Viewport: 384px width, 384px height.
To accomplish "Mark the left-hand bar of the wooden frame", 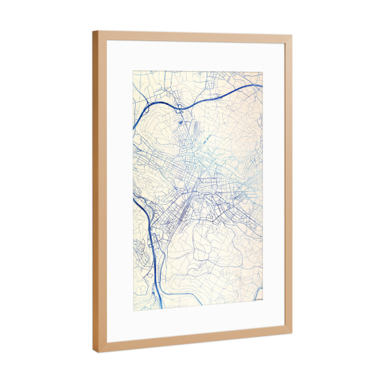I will tap(99, 192).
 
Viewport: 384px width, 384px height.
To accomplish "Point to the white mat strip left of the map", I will tap(119, 192).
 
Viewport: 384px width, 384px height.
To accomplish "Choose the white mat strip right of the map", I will tap(273, 186).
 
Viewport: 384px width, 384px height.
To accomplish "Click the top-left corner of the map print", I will tap(133, 70).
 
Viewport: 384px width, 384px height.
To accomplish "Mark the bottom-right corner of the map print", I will tap(263, 301).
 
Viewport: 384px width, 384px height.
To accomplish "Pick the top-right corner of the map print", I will tap(263, 72).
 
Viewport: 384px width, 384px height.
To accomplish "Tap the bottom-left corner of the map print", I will tap(133, 308).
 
